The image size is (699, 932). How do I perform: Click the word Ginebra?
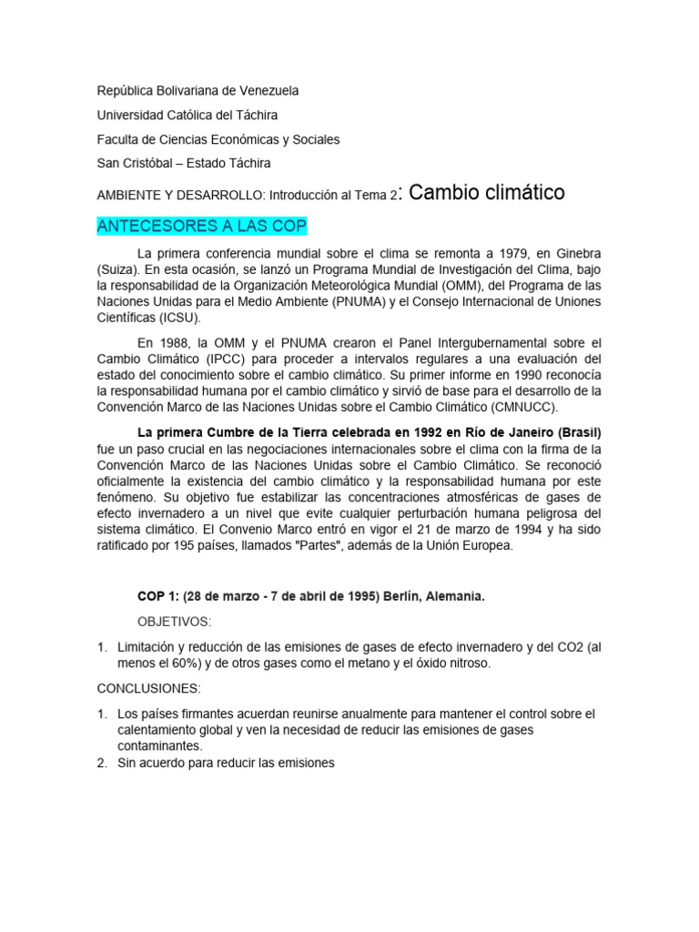(575, 252)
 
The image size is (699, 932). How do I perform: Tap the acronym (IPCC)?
(232, 359)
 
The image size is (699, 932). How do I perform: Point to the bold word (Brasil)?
(576, 431)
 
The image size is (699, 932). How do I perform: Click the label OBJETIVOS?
(174, 622)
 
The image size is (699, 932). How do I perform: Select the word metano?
(350, 664)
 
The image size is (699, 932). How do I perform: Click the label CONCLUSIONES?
(145, 689)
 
